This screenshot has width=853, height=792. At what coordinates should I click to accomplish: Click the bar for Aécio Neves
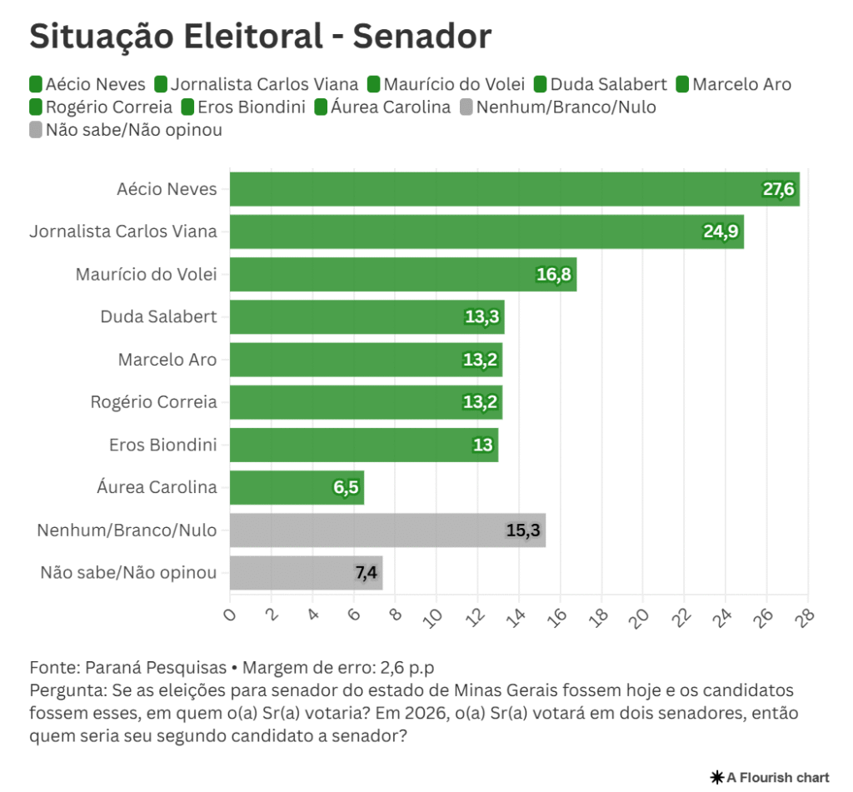500,189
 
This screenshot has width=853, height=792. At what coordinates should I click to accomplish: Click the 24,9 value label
721,232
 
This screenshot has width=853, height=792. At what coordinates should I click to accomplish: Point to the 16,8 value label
553,275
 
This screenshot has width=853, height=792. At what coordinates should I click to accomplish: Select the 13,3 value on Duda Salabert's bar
481,317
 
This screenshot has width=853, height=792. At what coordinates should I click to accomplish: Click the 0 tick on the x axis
231,615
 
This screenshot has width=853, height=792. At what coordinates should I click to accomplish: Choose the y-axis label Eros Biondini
162,445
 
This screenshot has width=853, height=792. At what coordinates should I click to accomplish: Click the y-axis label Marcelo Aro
167,360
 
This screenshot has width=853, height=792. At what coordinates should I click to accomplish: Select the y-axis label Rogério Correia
153,402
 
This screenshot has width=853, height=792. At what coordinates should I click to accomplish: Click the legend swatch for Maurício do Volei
374,84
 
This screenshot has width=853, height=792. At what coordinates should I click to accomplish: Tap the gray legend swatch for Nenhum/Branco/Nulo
467,107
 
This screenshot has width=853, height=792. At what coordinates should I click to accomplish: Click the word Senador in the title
422,36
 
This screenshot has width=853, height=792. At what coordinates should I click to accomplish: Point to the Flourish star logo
716,777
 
